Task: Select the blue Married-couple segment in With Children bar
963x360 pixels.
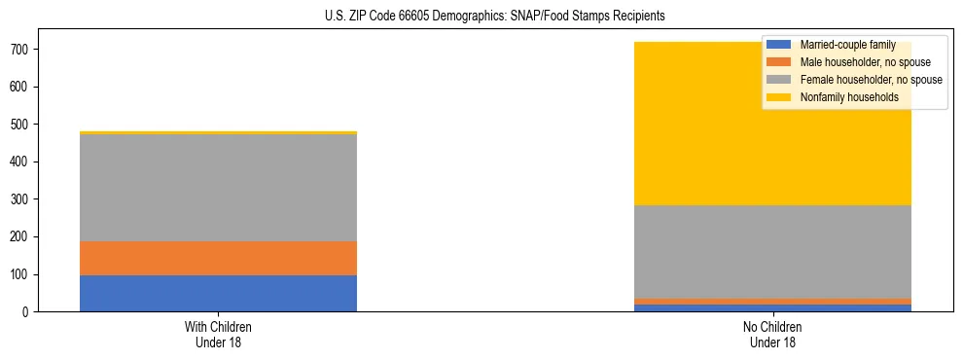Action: (218, 294)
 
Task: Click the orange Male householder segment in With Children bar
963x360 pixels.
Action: (218, 258)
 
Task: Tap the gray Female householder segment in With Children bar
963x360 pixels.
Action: (218, 188)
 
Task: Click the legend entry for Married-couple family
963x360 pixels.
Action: (845, 46)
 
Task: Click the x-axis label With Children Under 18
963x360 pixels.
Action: (218, 334)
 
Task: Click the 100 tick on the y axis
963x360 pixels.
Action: (23, 274)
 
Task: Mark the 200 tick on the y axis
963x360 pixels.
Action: (23, 237)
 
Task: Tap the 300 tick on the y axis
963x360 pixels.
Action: (23, 199)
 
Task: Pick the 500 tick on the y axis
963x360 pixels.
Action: (23, 125)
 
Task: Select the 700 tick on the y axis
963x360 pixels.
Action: (23, 50)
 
